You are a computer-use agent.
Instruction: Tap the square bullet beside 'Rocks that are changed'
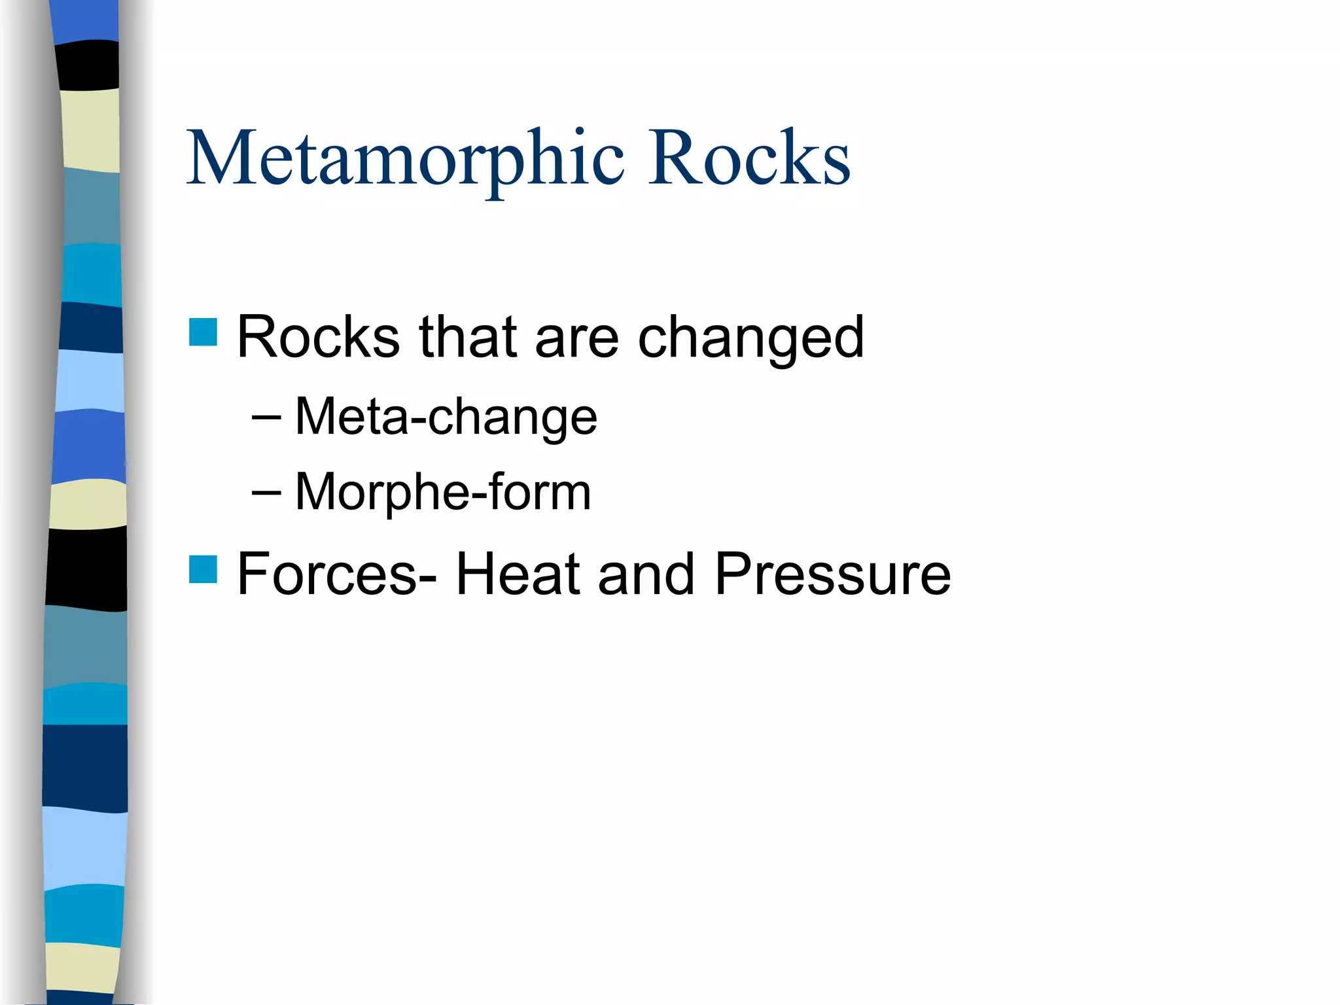coord(203,332)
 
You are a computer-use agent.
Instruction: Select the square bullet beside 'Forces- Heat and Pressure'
coord(203,569)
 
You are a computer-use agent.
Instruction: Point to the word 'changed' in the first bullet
coord(750,338)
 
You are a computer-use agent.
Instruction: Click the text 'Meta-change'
coord(446,417)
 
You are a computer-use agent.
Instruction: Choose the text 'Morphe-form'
coord(443,491)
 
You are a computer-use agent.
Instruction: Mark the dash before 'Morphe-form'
coord(266,492)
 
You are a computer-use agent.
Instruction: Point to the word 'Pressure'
coord(832,574)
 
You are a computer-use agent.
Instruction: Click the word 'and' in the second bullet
coord(646,574)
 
